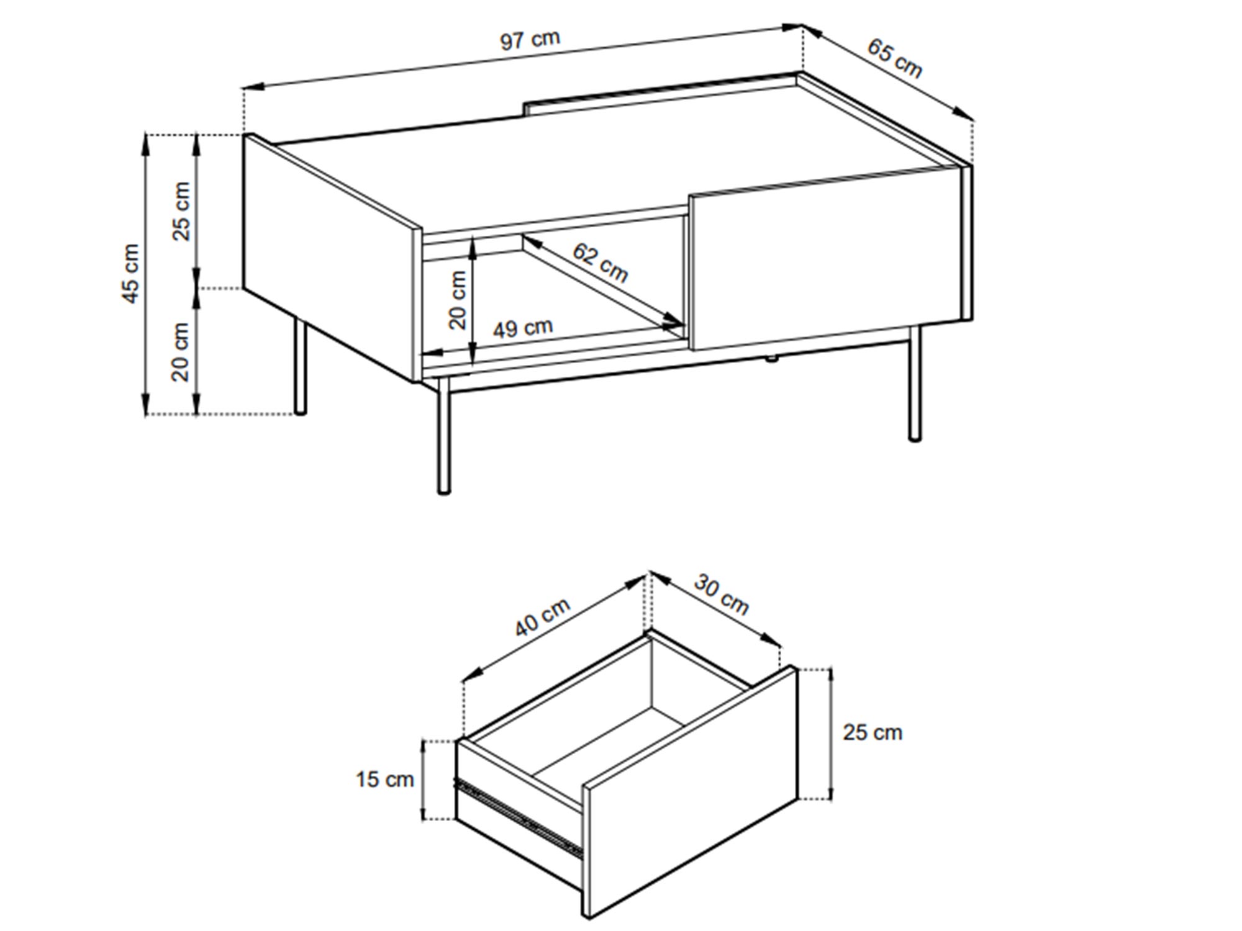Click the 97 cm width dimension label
click(x=530, y=40)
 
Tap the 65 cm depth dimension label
click(x=895, y=58)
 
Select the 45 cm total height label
click(x=131, y=274)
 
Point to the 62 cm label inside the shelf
click(x=600, y=262)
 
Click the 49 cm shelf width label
click(x=522, y=328)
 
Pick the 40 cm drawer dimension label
click(x=542, y=618)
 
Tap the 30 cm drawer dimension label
click(x=721, y=595)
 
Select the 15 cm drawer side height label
click(x=384, y=779)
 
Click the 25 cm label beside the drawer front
click(x=872, y=732)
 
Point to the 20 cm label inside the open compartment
click(x=457, y=300)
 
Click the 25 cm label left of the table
click(x=181, y=211)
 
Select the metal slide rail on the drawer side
click(x=518, y=817)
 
